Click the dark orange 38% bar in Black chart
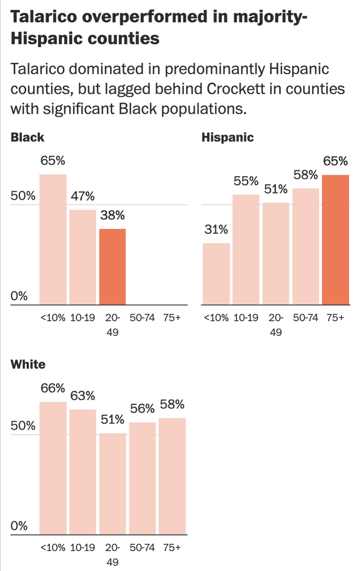[112, 266]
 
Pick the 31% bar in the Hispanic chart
[216, 274]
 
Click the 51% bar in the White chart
[112, 483]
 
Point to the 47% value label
[83, 196]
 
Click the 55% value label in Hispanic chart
[246, 181]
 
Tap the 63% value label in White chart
[83, 395]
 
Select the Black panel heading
[27, 138]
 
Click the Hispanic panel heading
[228, 138]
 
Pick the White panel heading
[28, 364]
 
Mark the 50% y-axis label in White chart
[23, 426]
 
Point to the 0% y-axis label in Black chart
[19, 296]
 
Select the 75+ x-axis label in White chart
[172, 548]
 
